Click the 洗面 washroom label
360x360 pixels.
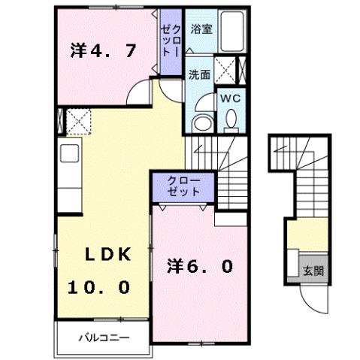[198, 74]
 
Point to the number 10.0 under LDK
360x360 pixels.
[100, 286]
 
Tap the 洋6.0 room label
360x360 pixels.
[199, 265]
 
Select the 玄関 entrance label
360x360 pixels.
[313, 271]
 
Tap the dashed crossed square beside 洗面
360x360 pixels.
[225, 71]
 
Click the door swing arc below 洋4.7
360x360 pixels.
[140, 94]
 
